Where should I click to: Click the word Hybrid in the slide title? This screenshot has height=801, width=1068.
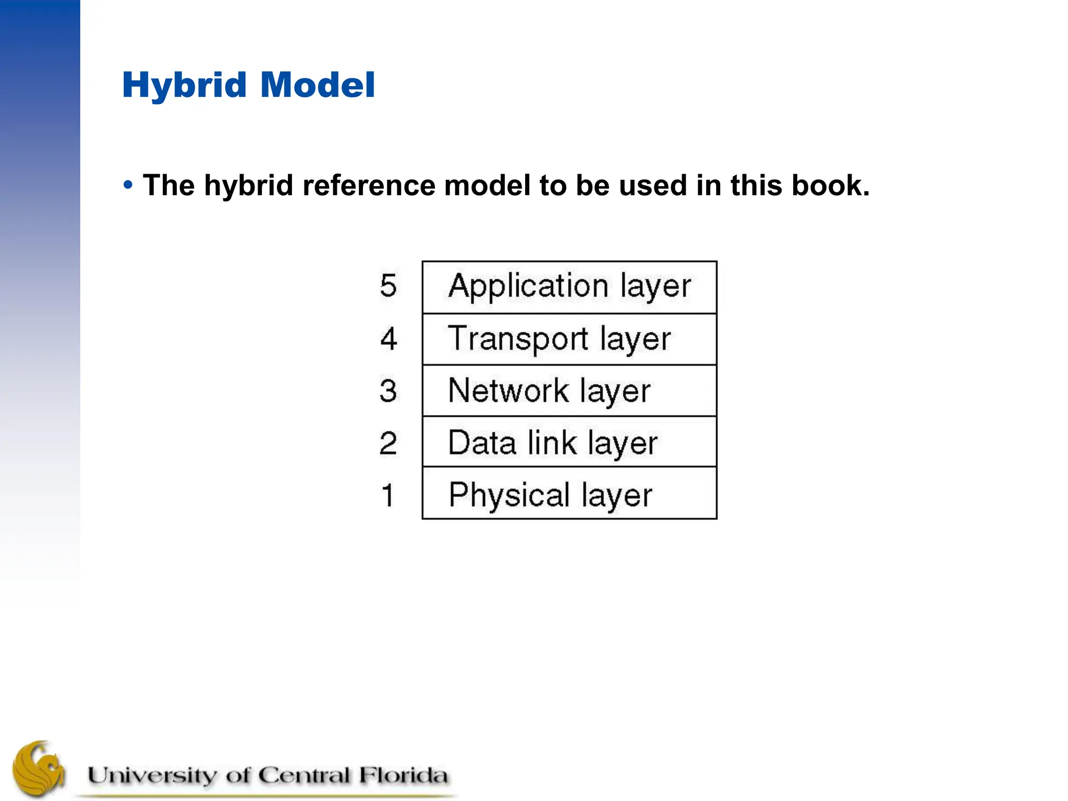(184, 85)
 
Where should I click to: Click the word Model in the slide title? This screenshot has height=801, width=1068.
(318, 85)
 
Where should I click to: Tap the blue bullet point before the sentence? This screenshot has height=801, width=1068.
(128, 185)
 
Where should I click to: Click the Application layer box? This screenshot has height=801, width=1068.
(569, 287)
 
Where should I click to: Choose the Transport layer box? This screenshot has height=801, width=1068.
(569, 339)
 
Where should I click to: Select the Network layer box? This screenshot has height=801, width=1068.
(569, 391)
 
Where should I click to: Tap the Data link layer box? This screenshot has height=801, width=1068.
(569, 442)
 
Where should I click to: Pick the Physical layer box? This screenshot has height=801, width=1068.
(569, 493)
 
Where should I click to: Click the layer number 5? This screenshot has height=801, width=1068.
(388, 286)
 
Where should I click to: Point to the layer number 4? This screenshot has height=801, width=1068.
(389, 338)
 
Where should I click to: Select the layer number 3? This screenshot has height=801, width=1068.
(388, 391)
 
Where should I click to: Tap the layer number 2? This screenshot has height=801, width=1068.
(388, 443)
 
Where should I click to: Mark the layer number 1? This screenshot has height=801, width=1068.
(387, 495)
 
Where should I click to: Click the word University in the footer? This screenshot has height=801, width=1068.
(152, 775)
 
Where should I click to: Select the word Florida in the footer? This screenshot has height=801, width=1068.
(403, 775)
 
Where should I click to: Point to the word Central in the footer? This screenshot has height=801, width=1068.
(304, 775)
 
